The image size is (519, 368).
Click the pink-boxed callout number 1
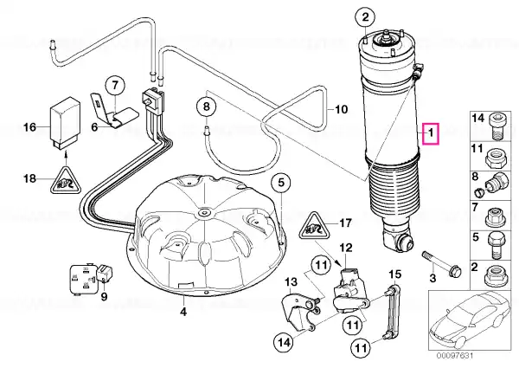(x=431, y=134)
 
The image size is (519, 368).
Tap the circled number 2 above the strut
(x=365, y=17)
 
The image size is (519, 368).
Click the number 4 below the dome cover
(x=183, y=312)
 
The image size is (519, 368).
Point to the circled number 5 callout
(x=281, y=182)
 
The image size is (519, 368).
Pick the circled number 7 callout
(x=114, y=86)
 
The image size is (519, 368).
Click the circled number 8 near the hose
(x=206, y=107)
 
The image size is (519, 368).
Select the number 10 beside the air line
(x=342, y=109)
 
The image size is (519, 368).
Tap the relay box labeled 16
(x=65, y=123)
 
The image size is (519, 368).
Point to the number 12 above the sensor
(x=346, y=248)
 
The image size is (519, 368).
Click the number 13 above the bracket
(x=292, y=282)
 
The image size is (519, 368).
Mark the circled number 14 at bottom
(x=285, y=341)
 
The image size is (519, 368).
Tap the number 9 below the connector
(x=104, y=296)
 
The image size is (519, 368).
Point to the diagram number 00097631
(x=455, y=356)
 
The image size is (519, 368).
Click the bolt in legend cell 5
(x=496, y=245)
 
